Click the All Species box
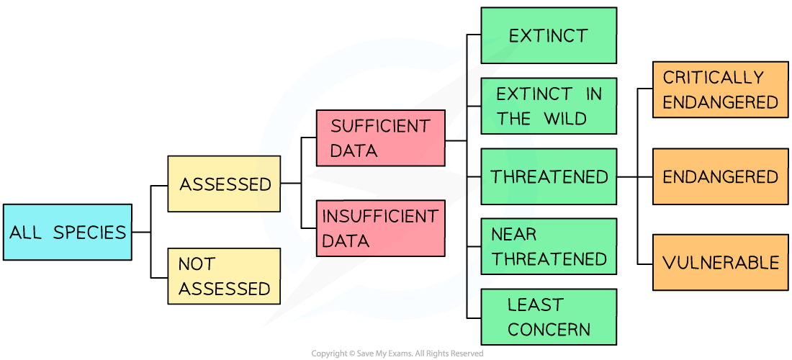(x=67, y=232)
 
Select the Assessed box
(x=224, y=184)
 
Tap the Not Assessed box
(x=224, y=276)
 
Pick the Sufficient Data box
(x=380, y=138)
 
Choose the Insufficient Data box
(x=380, y=228)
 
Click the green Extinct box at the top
(x=548, y=35)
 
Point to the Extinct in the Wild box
(x=548, y=106)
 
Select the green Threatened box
(x=548, y=176)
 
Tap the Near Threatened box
(x=548, y=246)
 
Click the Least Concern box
(x=548, y=317)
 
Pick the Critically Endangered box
(x=720, y=89)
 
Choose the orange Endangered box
(x=720, y=176)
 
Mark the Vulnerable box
(x=720, y=262)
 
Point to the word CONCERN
(x=549, y=330)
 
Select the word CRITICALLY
(x=713, y=77)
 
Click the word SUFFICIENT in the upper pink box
(x=380, y=126)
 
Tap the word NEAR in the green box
(x=513, y=234)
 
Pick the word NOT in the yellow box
(x=197, y=264)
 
